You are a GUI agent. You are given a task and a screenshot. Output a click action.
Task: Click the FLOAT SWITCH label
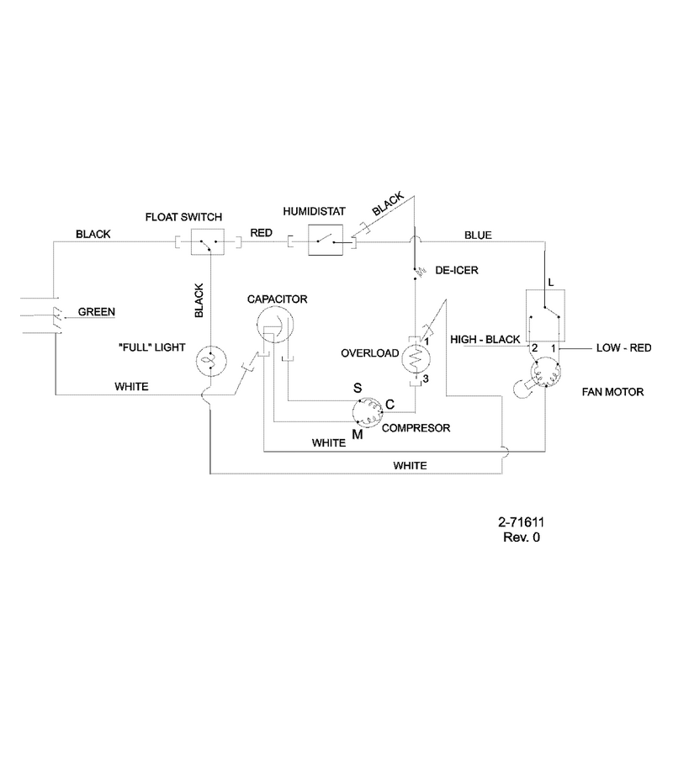click(x=183, y=217)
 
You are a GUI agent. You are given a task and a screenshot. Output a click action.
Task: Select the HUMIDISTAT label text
click(x=315, y=211)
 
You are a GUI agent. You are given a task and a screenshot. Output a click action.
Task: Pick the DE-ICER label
click(x=457, y=270)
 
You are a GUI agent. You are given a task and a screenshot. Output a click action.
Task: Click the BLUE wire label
click(x=478, y=236)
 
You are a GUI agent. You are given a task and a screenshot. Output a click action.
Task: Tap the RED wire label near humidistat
click(x=261, y=233)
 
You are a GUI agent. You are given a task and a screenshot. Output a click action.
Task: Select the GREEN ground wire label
click(x=97, y=312)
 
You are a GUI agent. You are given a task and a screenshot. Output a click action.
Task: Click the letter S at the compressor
click(x=358, y=388)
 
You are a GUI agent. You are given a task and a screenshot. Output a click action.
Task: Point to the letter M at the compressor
click(x=358, y=435)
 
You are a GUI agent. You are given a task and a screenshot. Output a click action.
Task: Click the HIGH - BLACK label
click(x=485, y=340)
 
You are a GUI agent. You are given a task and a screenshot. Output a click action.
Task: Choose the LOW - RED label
click(x=623, y=347)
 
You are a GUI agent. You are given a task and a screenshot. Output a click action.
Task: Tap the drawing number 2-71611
click(x=522, y=521)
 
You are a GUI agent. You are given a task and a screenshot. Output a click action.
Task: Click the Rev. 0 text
click(x=522, y=537)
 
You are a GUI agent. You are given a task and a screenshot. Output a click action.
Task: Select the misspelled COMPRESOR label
click(x=416, y=428)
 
